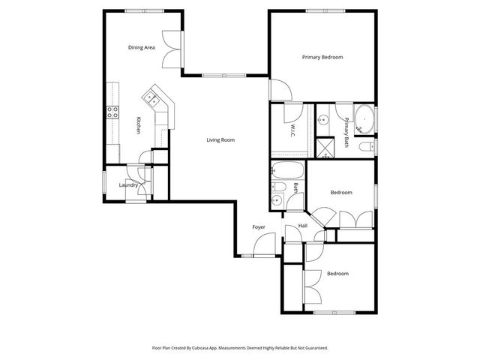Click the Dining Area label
tap(141, 47)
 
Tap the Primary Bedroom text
tap(322, 57)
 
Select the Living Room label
tap(221, 139)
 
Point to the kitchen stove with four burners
tap(113, 112)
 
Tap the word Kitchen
tap(138, 126)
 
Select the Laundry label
tap(127, 185)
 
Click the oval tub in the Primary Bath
tap(364, 118)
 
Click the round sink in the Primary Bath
tap(324, 119)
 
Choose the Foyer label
tap(259, 226)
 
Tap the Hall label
tap(302, 226)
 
